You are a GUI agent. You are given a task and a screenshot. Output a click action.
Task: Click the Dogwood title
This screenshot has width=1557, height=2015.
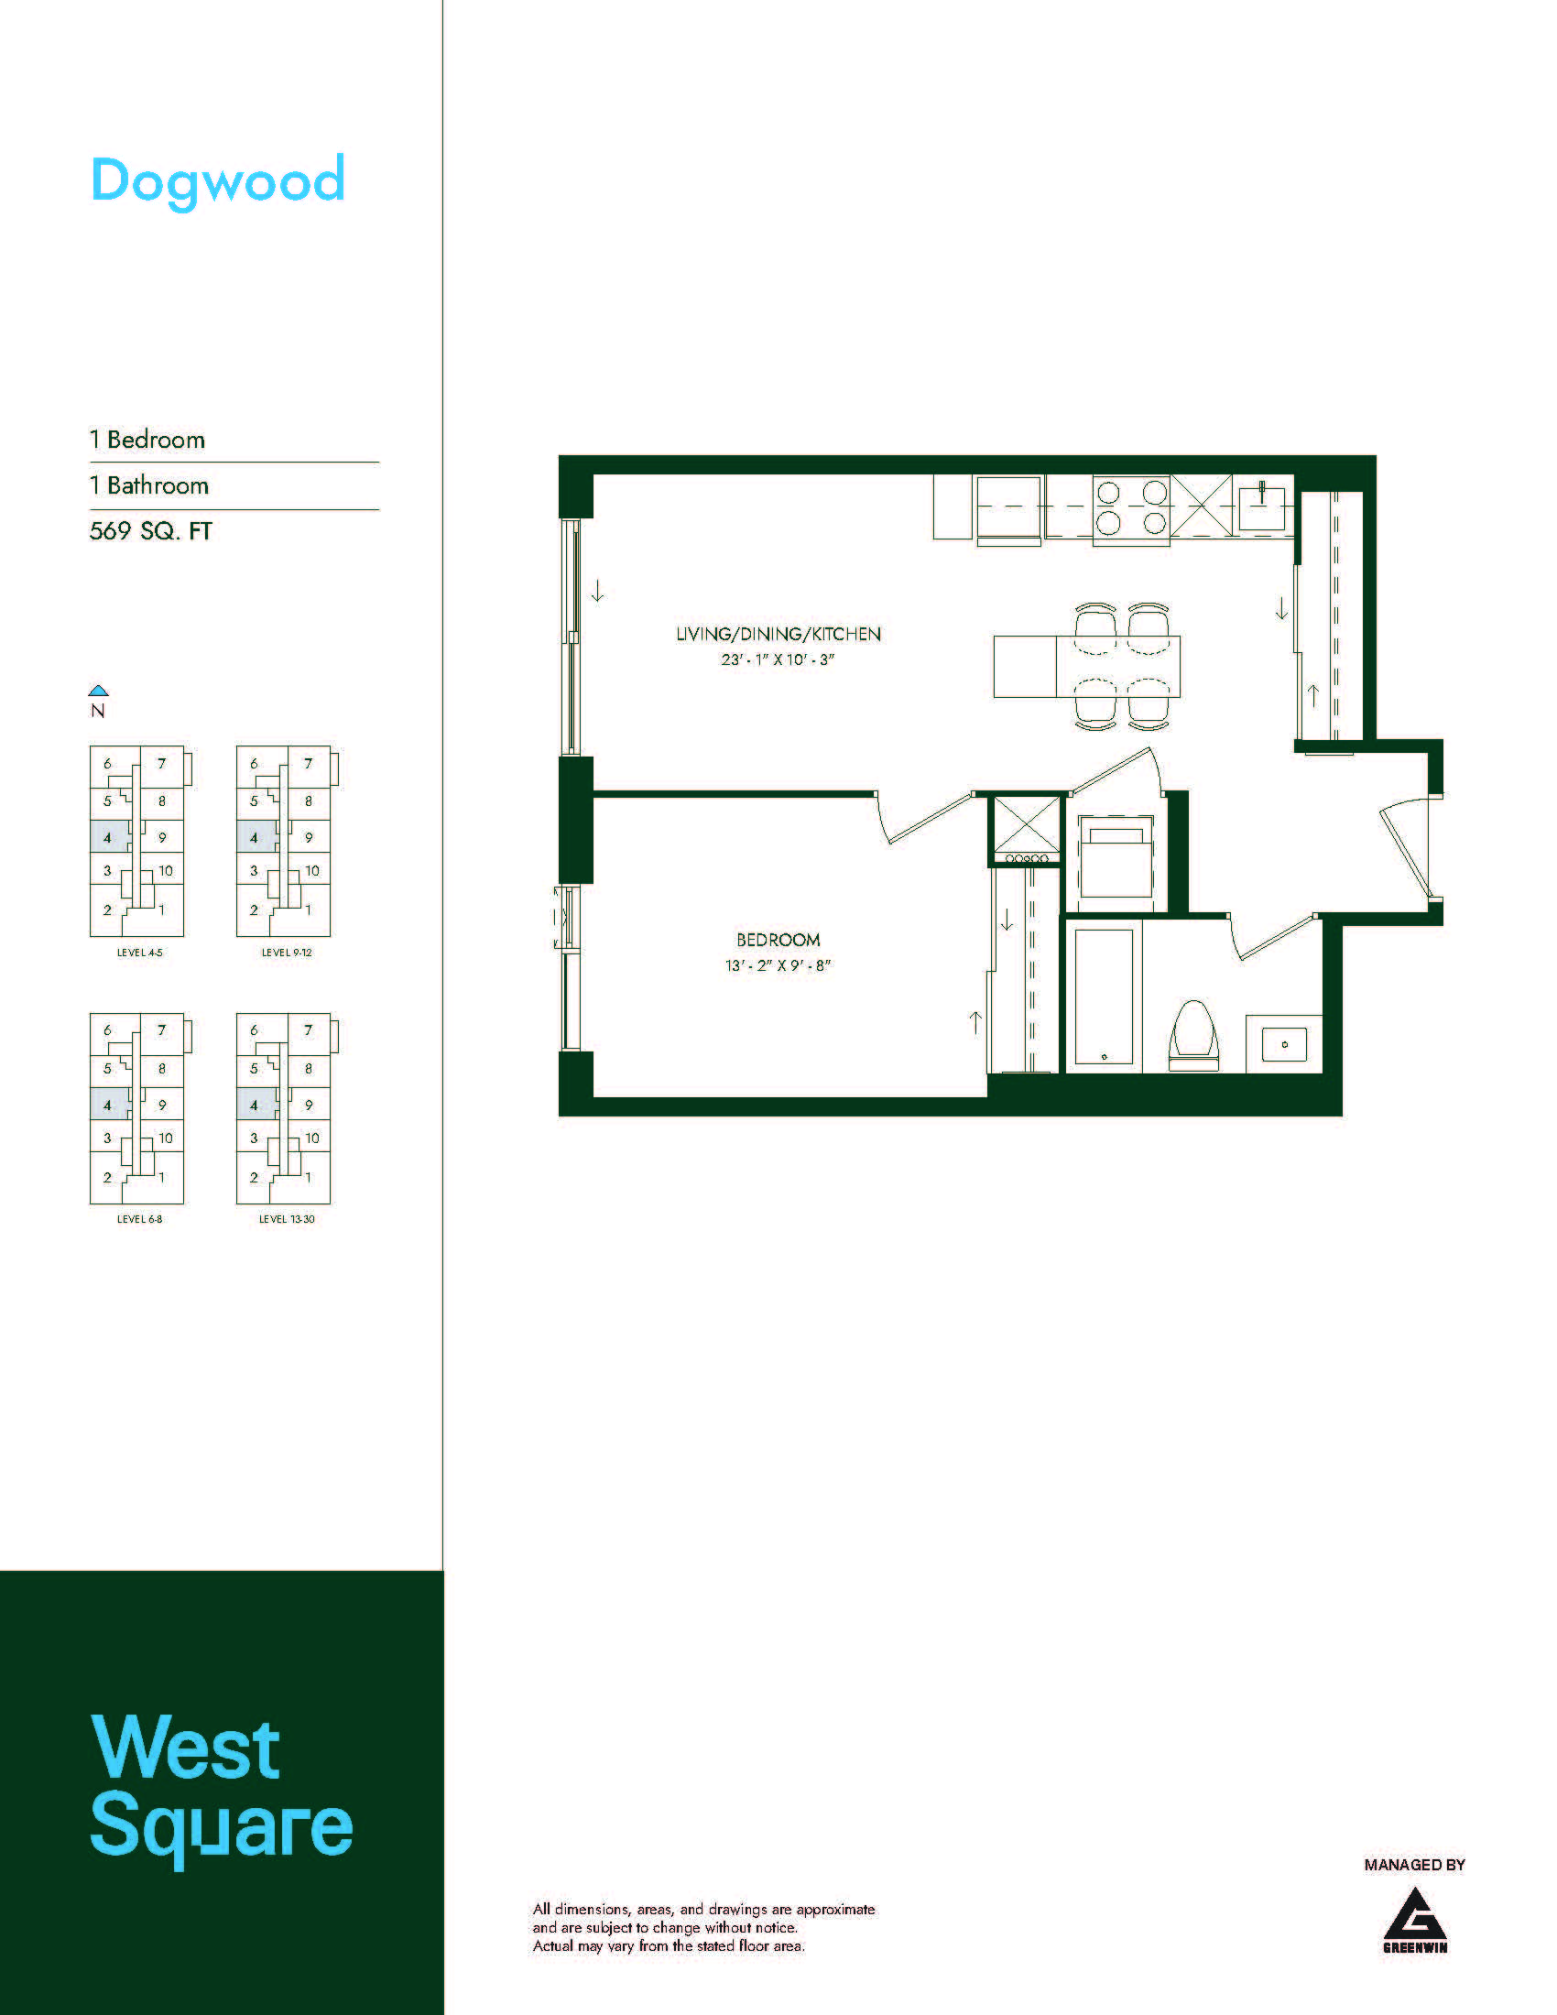coord(218,181)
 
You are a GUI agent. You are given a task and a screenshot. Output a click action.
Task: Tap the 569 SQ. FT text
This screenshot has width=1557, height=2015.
coord(150,531)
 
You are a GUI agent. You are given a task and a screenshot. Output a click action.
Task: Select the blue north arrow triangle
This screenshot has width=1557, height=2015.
coord(99,690)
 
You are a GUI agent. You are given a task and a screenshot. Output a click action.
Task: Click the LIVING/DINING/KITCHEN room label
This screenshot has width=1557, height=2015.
coord(778,634)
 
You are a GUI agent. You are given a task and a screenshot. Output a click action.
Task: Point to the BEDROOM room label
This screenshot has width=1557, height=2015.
coord(778,940)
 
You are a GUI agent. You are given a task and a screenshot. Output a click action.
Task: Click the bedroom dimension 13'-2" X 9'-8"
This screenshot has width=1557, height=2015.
coord(778,966)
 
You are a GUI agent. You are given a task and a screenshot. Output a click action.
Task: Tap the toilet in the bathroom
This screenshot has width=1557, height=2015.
coord(1193,1036)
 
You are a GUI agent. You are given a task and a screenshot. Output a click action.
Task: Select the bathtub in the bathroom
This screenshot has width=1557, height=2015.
coord(1105,997)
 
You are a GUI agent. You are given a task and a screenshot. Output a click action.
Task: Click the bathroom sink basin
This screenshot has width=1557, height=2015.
coord(1284,1044)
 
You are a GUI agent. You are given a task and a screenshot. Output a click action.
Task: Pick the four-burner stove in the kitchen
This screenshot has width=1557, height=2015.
coord(1131,508)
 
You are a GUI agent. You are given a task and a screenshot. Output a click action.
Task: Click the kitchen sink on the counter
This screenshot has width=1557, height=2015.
coord(1262,507)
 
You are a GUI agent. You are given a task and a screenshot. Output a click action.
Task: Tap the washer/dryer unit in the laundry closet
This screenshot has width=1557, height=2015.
coord(1116,856)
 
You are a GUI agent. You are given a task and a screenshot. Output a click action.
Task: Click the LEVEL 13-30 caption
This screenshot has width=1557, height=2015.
coord(287,1219)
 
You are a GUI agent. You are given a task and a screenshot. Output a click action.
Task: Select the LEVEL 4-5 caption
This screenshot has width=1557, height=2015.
coord(139,953)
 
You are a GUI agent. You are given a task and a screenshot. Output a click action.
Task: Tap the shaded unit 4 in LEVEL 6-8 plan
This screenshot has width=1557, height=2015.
coord(109,1105)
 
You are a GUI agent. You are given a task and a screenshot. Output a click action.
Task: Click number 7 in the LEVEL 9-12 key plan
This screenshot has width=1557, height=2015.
coord(308,764)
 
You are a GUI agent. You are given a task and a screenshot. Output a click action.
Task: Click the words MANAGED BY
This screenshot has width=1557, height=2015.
coord(1415,1865)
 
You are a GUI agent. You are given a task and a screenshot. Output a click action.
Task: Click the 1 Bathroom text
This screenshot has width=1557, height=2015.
coord(149,485)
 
